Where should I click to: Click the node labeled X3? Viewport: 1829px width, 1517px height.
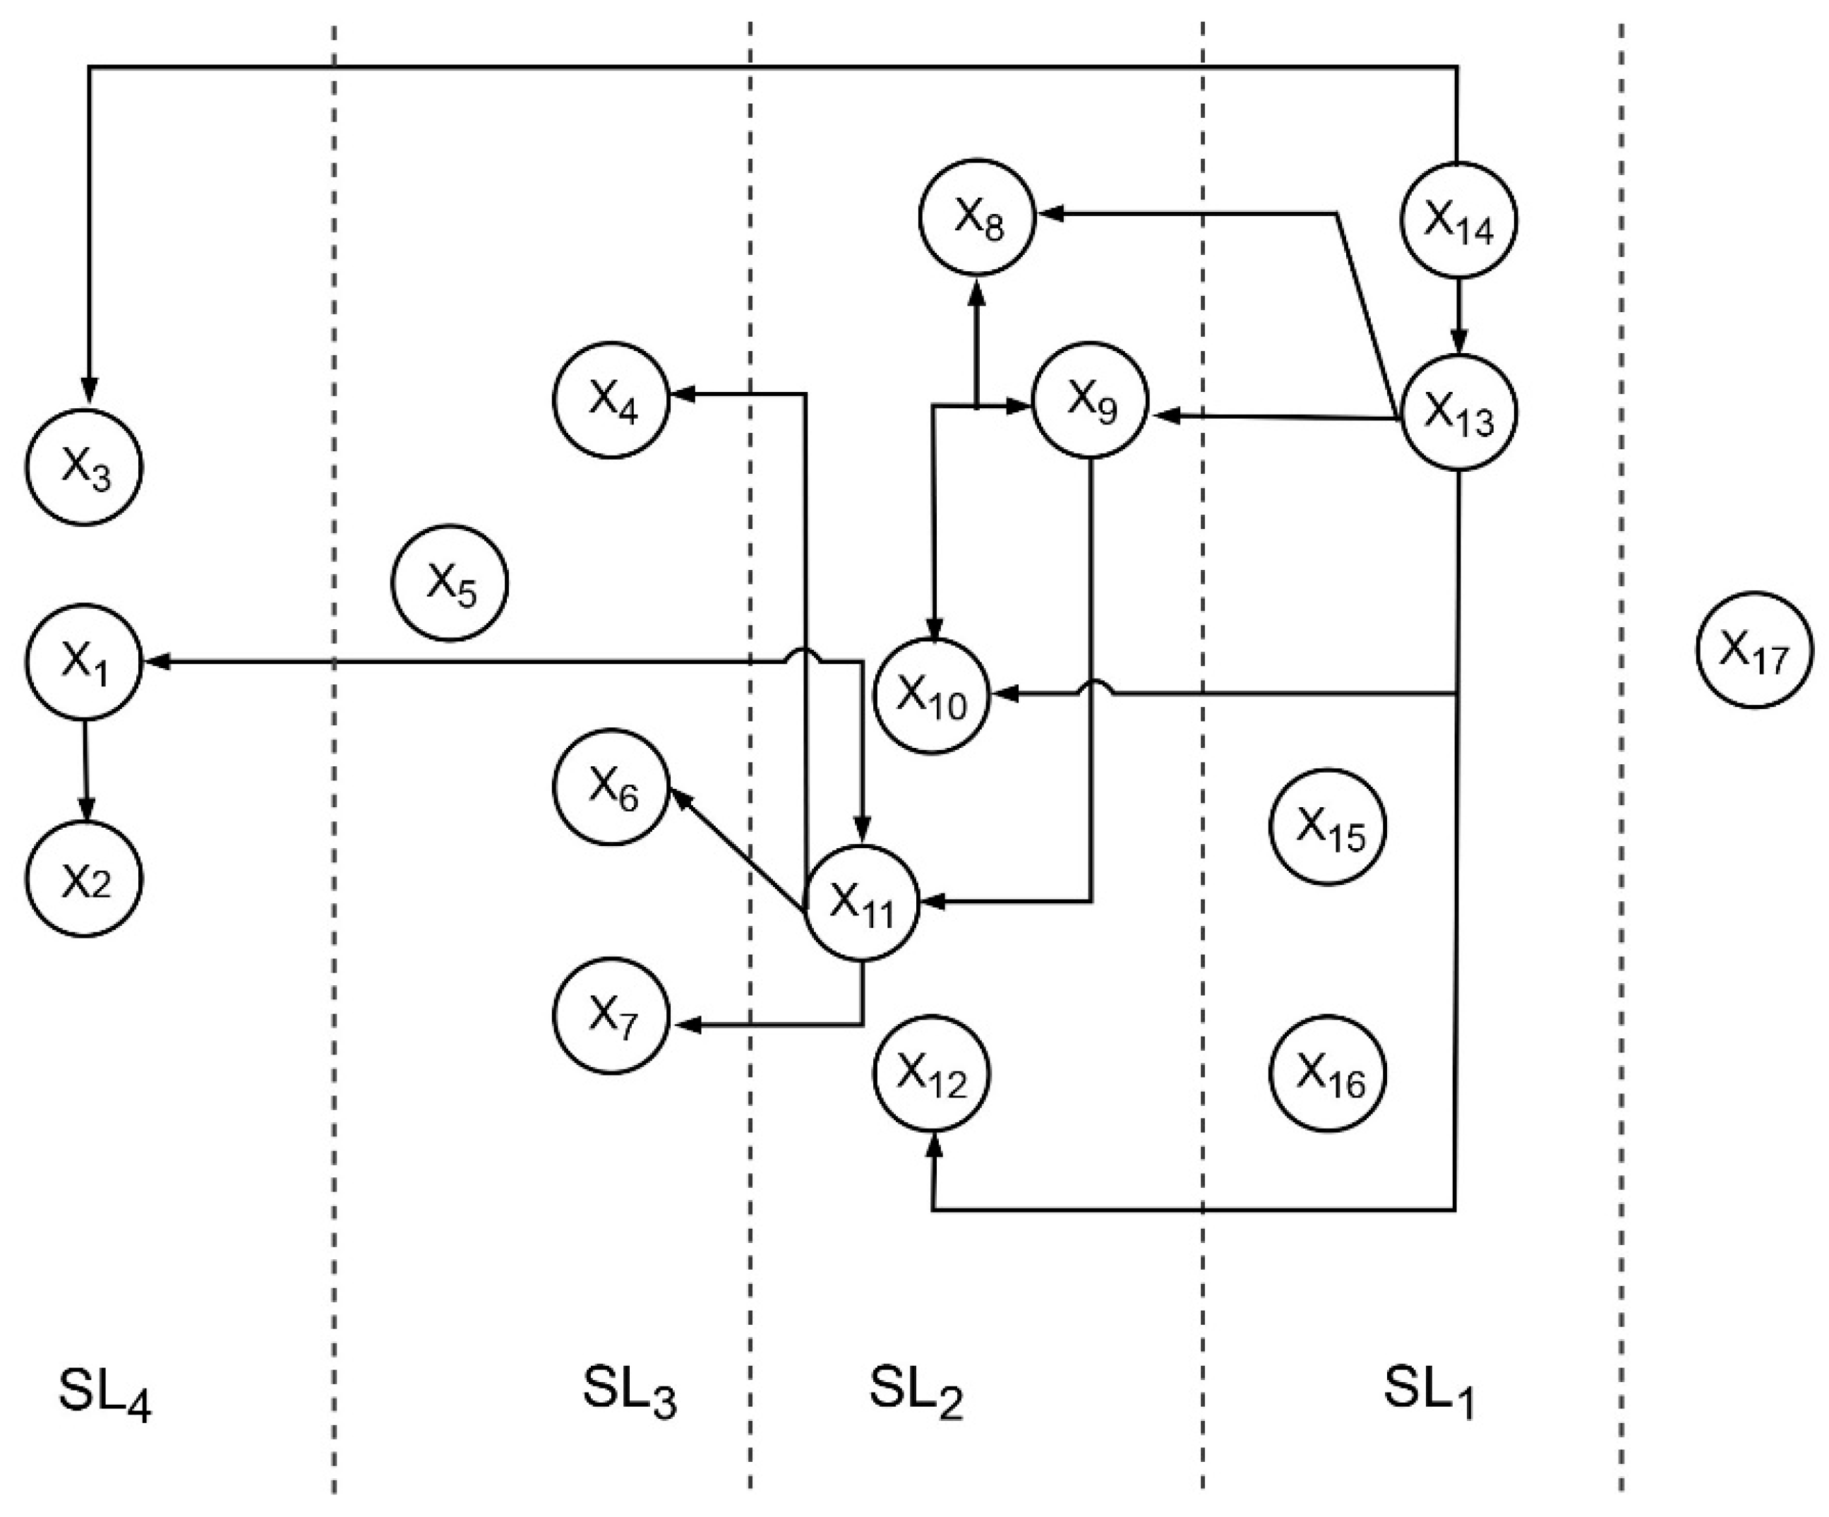click(x=83, y=468)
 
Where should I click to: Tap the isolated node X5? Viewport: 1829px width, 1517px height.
click(x=450, y=582)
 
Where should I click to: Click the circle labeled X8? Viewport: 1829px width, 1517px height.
click(x=976, y=218)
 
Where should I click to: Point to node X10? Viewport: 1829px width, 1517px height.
click(x=932, y=696)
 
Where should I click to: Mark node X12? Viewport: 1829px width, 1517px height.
click(x=932, y=1073)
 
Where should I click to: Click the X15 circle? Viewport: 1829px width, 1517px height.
click(x=1329, y=826)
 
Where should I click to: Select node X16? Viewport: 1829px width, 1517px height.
click(x=1329, y=1073)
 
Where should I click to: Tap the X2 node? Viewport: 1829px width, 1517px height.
click(x=83, y=879)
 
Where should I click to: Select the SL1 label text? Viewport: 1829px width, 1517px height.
click(x=1428, y=1391)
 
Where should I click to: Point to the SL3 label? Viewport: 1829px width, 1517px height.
click(x=629, y=1391)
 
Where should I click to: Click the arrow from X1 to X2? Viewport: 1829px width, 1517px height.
click(x=85, y=771)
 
